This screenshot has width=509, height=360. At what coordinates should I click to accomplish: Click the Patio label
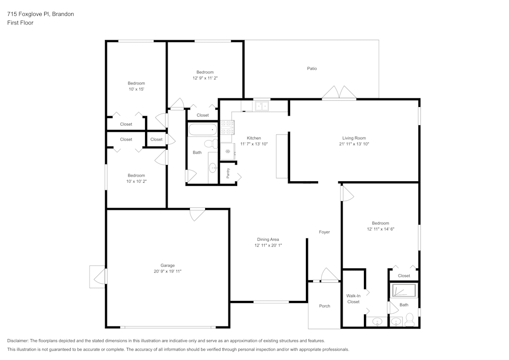click(312, 68)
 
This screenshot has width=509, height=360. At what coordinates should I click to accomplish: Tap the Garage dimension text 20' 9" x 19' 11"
click(167, 271)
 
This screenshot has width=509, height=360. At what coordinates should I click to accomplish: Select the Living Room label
click(353, 138)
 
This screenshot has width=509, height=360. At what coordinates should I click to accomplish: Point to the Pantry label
click(228, 174)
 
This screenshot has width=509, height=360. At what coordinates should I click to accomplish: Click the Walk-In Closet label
click(353, 298)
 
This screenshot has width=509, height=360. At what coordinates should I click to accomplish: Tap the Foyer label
click(324, 232)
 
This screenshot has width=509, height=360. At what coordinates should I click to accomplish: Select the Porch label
click(324, 306)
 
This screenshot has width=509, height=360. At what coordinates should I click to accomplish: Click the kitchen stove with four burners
click(227, 127)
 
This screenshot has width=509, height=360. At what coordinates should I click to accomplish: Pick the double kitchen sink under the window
click(262, 106)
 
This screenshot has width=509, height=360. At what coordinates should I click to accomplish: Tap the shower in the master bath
click(403, 290)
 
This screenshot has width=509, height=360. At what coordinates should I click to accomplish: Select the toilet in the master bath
click(409, 321)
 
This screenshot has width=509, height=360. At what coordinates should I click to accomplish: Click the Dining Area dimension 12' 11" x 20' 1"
click(268, 245)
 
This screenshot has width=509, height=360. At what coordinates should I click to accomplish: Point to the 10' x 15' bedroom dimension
click(136, 90)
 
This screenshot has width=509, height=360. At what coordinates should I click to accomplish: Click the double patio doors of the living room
click(339, 93)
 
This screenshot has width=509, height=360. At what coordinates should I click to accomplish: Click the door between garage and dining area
click(196, 214)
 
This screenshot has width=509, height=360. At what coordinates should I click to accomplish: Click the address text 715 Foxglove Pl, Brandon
click(40, 14)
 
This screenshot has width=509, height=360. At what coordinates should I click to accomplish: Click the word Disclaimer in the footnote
click(18, 341)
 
